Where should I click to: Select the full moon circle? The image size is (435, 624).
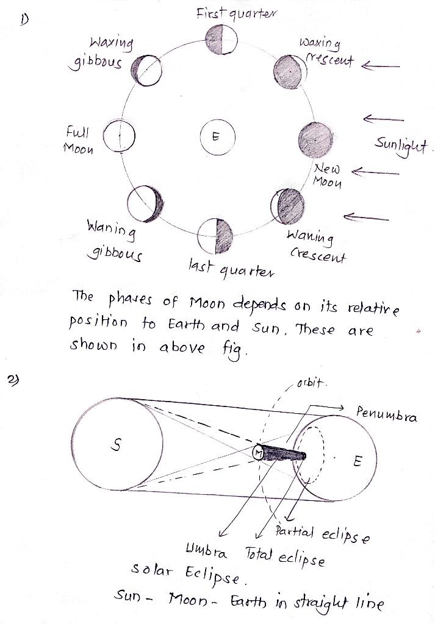[x=119, y=135]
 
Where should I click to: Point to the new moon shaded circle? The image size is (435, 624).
[x=315, y=140]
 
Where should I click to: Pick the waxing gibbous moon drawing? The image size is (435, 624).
[x=146, y=71]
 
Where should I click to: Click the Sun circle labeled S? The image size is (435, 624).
[x=117, y=444]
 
